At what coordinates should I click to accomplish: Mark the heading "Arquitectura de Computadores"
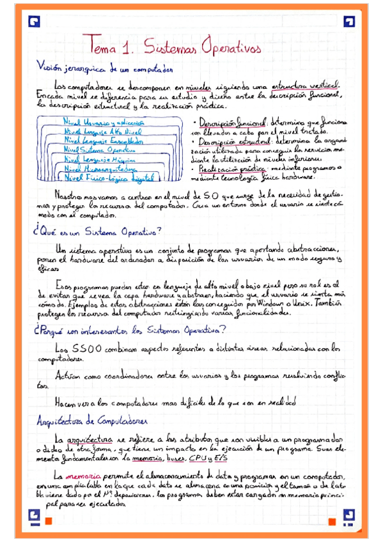pos(93,421)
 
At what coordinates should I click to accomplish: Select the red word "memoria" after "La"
pos(79,477)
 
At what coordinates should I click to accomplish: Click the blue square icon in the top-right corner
pos(348,22)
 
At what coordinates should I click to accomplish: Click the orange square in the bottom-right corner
pos(332,521)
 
